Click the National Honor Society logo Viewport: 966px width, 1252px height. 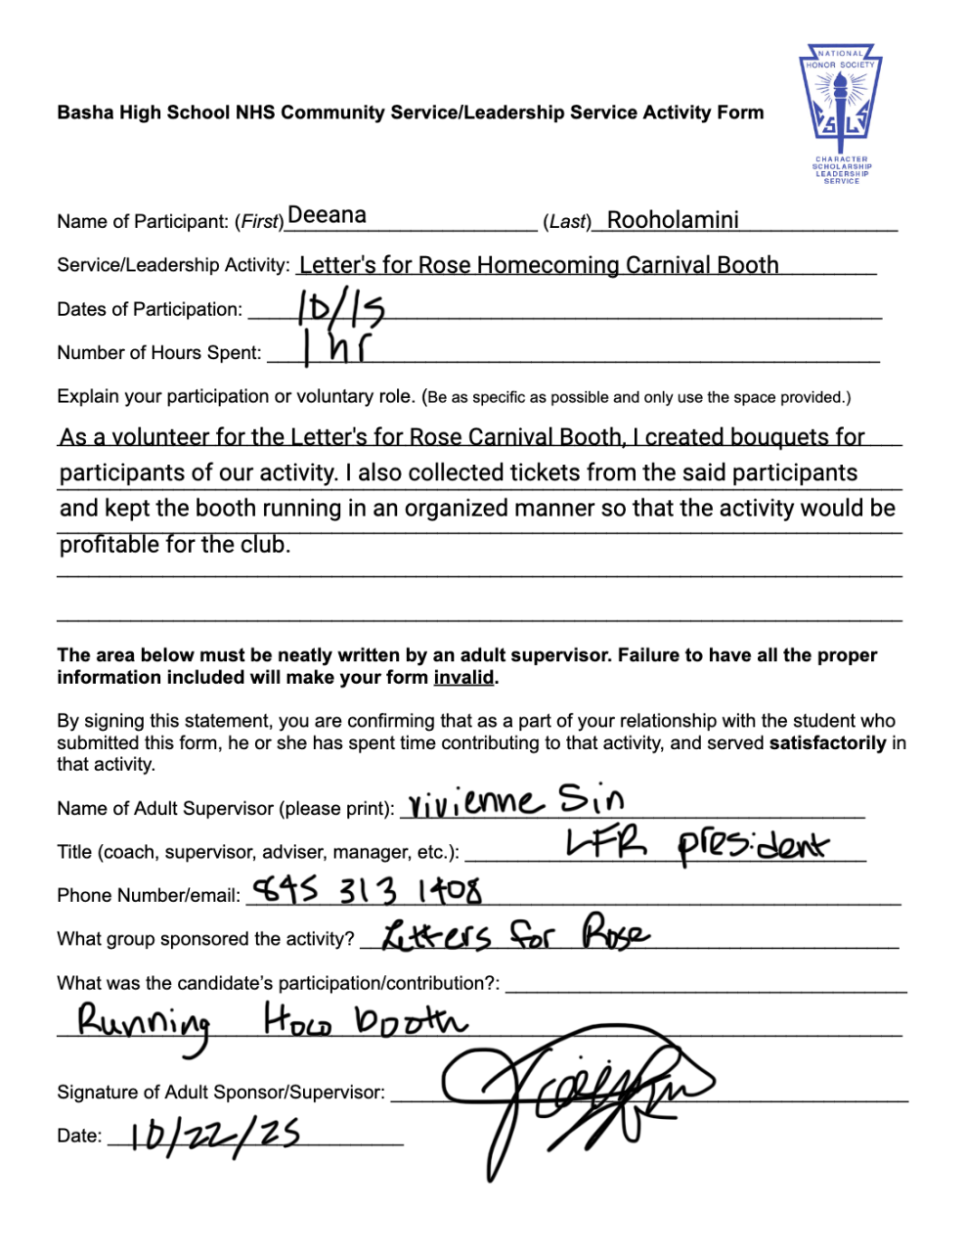click(841, 112)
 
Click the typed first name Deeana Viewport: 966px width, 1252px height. click(327, 215)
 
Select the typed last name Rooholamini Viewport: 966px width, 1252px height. click(673, 220)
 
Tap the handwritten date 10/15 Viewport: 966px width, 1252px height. click(341, 309)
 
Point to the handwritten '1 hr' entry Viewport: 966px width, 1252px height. click(335, 348)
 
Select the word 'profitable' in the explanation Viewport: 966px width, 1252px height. click(113, 544)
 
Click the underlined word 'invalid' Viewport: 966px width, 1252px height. click(463, 677)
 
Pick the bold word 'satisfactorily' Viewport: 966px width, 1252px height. click(827, 742)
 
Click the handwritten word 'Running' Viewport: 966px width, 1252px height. click(145, 1024)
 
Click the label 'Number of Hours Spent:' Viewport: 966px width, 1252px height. click(159, 353)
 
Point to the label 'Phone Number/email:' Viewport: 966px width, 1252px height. click(149, 896)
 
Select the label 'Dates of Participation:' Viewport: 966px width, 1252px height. click(150, 309)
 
